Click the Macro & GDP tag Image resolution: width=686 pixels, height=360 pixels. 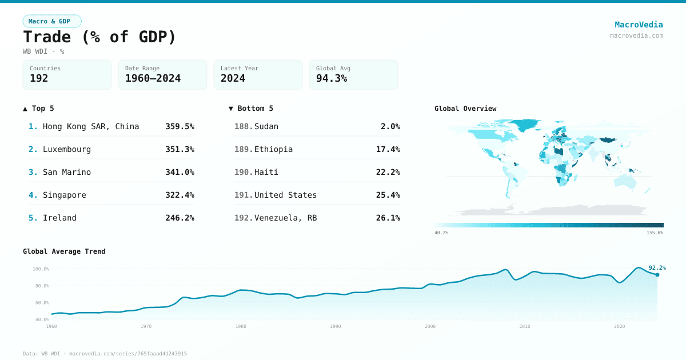52,21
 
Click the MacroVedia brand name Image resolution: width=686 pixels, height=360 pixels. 639,25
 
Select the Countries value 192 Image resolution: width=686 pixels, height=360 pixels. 39,78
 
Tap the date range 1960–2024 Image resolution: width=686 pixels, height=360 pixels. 153,78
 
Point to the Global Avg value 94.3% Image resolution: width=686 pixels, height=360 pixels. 332,78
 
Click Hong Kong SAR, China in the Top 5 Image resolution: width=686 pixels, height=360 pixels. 91,126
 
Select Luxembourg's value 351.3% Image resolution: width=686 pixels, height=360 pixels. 180,149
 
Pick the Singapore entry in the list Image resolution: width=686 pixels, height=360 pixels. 65,195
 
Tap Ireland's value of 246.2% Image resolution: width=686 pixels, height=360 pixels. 180,218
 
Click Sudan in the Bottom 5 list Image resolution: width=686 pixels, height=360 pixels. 266,126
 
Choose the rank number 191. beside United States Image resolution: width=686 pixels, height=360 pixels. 244,195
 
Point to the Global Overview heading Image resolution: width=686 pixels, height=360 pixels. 465,109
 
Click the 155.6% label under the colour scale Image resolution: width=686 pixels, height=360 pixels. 655,233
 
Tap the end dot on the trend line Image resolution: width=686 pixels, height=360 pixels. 657,275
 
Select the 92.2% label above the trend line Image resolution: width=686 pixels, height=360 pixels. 657,267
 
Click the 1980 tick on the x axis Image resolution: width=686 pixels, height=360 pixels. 241,326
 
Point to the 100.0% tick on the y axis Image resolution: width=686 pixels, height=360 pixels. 41,269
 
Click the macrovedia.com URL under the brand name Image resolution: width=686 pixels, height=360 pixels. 636,35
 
